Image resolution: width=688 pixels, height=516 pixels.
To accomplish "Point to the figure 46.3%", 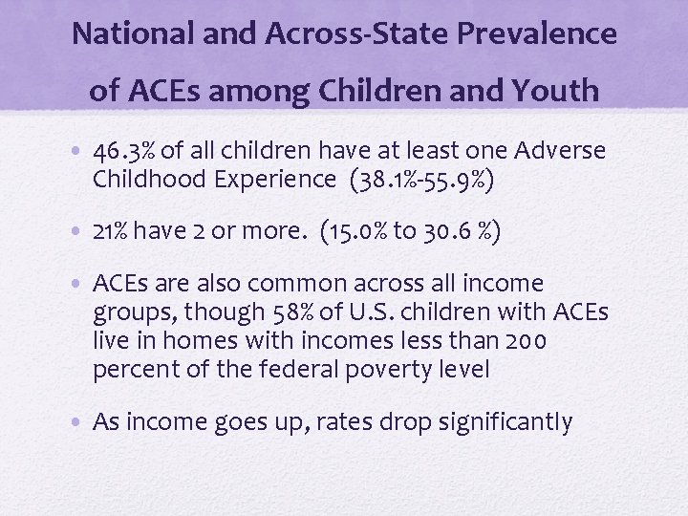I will (129, 152).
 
